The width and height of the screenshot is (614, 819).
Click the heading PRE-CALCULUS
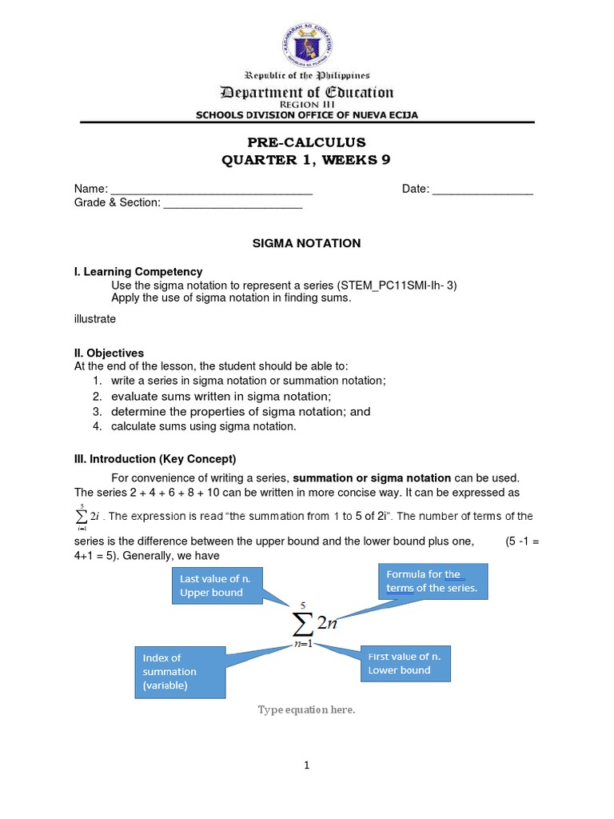306,142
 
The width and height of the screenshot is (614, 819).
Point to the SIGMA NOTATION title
306,243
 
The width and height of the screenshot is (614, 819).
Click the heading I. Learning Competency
138,272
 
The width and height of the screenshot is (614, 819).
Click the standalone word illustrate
95,319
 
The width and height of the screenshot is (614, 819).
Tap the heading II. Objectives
109,353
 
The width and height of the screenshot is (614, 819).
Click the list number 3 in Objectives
95,412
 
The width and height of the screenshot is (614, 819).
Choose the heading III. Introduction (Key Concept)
155,459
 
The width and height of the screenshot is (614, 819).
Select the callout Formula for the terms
431,581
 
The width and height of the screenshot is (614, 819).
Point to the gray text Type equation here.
305,710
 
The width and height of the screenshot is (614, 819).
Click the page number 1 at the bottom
306,765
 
